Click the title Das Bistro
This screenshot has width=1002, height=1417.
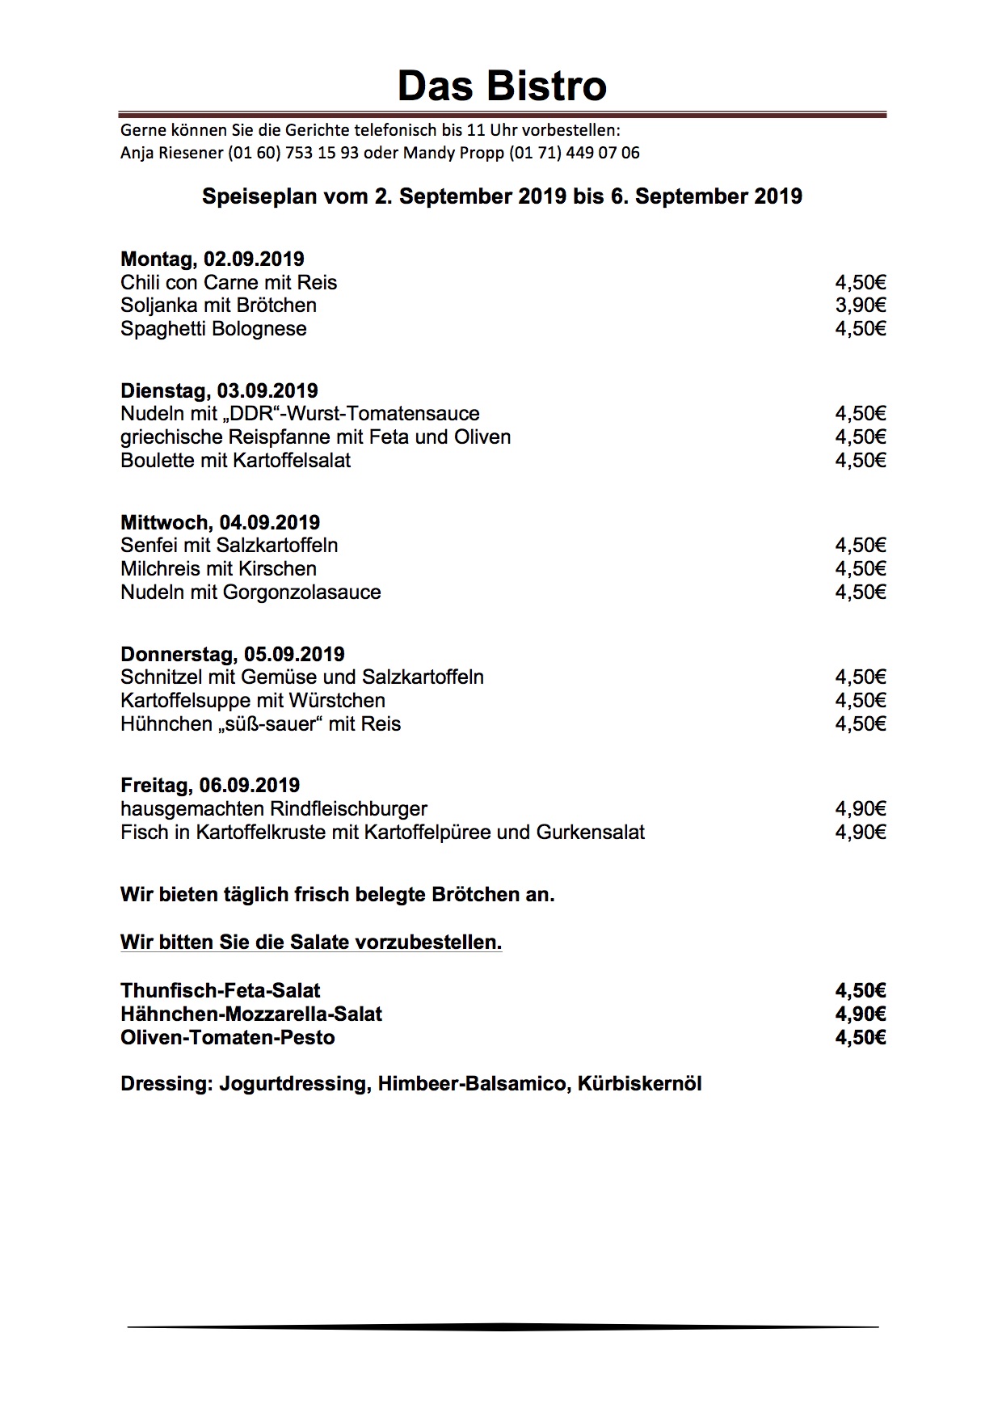[502, 86]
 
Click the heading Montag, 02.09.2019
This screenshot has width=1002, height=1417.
[212, 259]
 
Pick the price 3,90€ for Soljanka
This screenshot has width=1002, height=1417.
[861, 306]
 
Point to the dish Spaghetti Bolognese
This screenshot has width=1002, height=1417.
[213, 329]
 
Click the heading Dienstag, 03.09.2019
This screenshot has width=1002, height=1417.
[219, 391]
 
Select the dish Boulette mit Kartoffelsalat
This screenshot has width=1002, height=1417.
[235, 461]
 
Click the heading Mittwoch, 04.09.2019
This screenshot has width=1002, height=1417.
[220, 523]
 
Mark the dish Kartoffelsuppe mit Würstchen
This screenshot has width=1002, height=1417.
[252, 701]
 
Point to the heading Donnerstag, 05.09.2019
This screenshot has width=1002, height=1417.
[232, 655]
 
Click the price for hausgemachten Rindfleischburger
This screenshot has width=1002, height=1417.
[861, 809]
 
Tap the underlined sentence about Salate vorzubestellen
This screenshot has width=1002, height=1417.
[311, 943]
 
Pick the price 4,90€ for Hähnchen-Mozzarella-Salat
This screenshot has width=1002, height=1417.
[861, 1014]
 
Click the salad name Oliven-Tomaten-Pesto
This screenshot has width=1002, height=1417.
[227, 1038]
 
